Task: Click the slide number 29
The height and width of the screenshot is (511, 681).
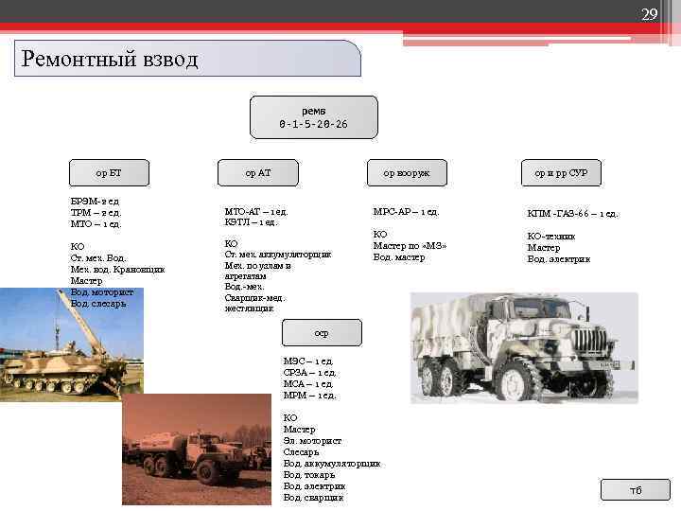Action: tap(649, 14)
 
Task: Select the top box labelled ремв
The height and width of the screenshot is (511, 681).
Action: tap(313, 117)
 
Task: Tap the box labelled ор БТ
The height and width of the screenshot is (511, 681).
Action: tap(109, 172)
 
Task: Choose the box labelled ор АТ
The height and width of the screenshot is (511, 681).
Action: tap(257, 172)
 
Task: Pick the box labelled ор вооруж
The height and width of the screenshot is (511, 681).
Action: tap(406, 172)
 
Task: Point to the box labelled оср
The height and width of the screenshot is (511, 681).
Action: tap(322, 333)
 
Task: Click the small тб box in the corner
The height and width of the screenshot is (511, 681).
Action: tap(636, 489)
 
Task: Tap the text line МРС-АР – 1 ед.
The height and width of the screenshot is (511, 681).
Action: tap(407, 211)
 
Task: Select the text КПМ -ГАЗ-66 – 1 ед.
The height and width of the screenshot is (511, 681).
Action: tap(572, 213)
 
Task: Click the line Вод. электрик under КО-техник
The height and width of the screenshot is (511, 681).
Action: tap(558, 258)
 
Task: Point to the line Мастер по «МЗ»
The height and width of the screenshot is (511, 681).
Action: tap(410, 245)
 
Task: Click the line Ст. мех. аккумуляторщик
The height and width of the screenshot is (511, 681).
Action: tap(278, 255)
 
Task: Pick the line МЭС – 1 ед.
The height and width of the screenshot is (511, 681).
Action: tap(308, 361)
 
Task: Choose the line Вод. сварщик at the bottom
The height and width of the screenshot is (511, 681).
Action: tap(313, 497)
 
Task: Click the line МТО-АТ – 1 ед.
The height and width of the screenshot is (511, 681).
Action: tap(256, 211)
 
